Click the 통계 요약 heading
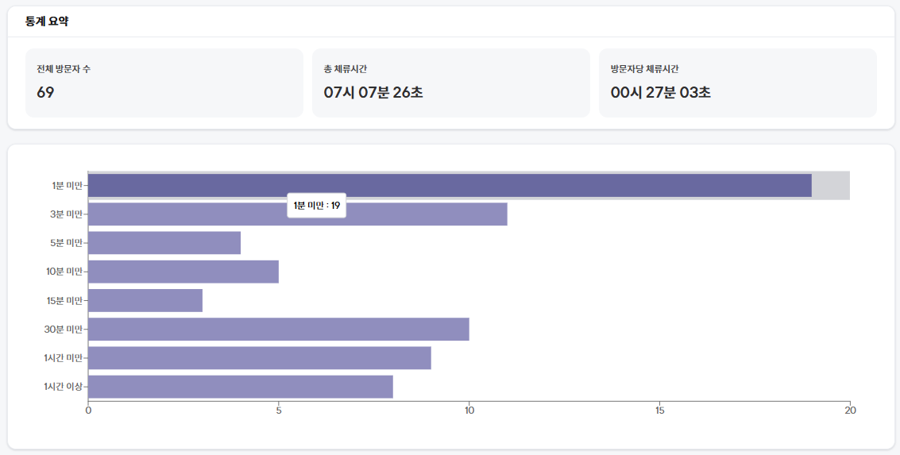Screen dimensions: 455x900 (47, 21)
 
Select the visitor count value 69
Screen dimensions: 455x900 (45, 92)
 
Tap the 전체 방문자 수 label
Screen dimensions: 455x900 (64, 69)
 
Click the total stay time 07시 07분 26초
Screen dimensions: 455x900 (373, 92)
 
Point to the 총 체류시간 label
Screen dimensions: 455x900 (346, 69)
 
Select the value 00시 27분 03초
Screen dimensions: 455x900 (661, 92)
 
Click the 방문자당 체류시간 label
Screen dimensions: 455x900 (644, 69)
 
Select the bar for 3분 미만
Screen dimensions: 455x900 (297, 214)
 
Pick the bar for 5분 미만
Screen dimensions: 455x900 (164, 243)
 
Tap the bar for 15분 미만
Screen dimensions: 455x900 (145, 300)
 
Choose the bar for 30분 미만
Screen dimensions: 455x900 (278, 329)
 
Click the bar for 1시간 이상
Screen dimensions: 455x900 (240, 387)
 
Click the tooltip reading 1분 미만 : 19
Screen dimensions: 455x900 (317, 206)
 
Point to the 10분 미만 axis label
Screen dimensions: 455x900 (64, 272)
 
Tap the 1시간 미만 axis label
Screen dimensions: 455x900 (64, 358)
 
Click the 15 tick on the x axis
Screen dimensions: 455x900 (659, 411)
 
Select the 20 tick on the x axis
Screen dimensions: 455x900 (850, 411)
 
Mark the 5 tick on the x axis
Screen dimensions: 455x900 (279, 411)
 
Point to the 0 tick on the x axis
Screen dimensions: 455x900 (88, 411)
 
